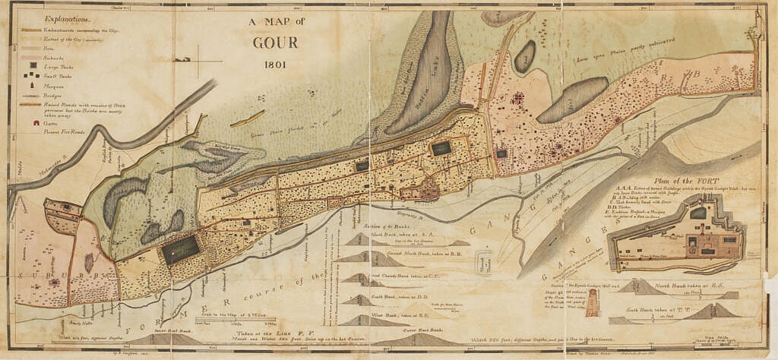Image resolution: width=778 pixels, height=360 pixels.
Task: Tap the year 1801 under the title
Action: pos(275,64)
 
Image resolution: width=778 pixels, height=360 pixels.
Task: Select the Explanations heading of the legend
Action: pos(66,17)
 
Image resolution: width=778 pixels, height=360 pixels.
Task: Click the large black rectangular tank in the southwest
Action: pos(180,250)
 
